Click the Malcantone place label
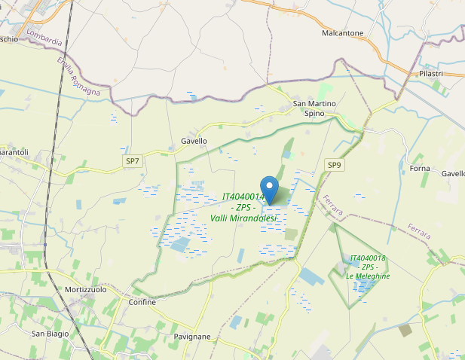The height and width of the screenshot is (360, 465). (x=342, y=33)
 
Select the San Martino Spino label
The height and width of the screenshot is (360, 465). (x=314, y=108)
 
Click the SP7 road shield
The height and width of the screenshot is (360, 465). (x=133, y=160)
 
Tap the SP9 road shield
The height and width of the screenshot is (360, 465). (x=334, y=165)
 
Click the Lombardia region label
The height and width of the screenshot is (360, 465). (x=43, y=37)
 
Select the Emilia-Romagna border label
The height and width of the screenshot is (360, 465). (x=78, y=78)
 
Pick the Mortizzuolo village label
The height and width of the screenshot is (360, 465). (x=86, y=290)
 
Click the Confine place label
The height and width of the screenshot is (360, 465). (x=142, y=303)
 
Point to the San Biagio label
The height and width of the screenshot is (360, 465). (x=50, y=333)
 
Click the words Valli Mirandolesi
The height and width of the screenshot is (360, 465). (x=243, y=218)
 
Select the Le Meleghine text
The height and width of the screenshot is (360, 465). (x=368, y=276)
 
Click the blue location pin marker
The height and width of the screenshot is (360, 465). (x=270, y=187)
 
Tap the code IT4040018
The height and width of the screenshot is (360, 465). (x=368, y=258)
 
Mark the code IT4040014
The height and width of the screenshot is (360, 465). (x=243, y=197)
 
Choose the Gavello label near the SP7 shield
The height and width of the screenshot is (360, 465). (x=194, y=142)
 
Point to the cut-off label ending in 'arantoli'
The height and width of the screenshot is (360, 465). (x=14, y=153)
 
